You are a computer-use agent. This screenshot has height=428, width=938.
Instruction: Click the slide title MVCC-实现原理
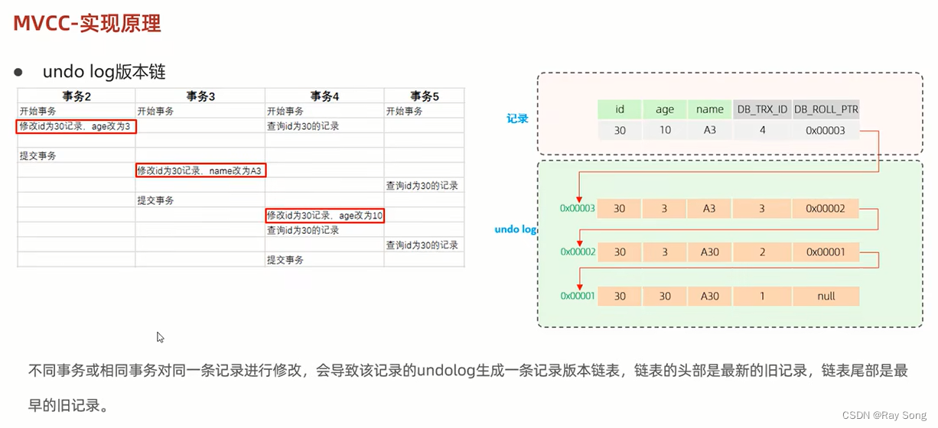(87, 23)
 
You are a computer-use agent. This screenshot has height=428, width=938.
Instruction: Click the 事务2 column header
(77, 96)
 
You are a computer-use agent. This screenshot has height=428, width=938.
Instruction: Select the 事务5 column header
(425, 96)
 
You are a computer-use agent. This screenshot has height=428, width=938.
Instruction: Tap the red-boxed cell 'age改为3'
(77, 126)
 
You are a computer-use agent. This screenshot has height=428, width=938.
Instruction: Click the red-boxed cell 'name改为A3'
(200, 170)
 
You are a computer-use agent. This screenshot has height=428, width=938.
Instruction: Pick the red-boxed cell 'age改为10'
(325, 216)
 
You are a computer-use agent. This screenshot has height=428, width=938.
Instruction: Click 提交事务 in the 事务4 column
(285, 260)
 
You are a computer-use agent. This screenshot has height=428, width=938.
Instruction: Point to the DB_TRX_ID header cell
(762, 109)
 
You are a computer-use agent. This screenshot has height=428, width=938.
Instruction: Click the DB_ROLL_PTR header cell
(826, 109)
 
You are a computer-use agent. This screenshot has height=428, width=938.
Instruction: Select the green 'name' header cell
(710, 109)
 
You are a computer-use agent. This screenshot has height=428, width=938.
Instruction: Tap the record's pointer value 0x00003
(826, 131)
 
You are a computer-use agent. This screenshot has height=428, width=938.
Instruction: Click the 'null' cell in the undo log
(826, 297)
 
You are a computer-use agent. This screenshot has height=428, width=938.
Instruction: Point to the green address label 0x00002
(577, 251)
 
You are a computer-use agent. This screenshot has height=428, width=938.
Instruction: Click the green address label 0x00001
(577, 297)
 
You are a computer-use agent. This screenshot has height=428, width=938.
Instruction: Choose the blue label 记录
(518, 119)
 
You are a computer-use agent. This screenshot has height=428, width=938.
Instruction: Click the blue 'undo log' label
(516, 229)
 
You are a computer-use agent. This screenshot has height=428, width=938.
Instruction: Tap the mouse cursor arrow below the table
(160, 337)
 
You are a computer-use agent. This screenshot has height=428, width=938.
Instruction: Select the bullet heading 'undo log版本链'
(104, 72)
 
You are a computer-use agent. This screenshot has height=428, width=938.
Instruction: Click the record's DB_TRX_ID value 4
(762, 131)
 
